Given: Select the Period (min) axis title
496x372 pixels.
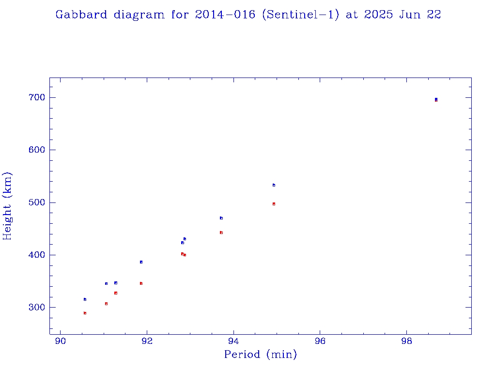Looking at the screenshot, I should click(x=260, y=355).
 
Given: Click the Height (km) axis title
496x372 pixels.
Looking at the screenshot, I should click(x=7, y=206).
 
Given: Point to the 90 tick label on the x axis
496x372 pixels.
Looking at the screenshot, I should click(x=60, y=342).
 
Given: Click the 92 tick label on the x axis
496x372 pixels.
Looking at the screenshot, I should click(x=147, y=342).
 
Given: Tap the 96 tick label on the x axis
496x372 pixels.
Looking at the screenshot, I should click(x=320, y=342).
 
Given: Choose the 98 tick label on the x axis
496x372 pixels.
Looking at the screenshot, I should click(x=407, y=342).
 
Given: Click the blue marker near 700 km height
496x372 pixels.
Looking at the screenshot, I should click(x=436, y=99).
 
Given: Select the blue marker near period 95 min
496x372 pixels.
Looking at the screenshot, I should click(x=274, y=185).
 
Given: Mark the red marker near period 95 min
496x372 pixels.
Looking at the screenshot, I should click(x=274, y=204).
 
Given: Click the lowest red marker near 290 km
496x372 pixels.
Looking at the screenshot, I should click(x=85, y=313).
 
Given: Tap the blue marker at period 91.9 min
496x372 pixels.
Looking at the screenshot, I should click(x=141, y=262).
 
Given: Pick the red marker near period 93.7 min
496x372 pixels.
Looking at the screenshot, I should click(x=221, y=232).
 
